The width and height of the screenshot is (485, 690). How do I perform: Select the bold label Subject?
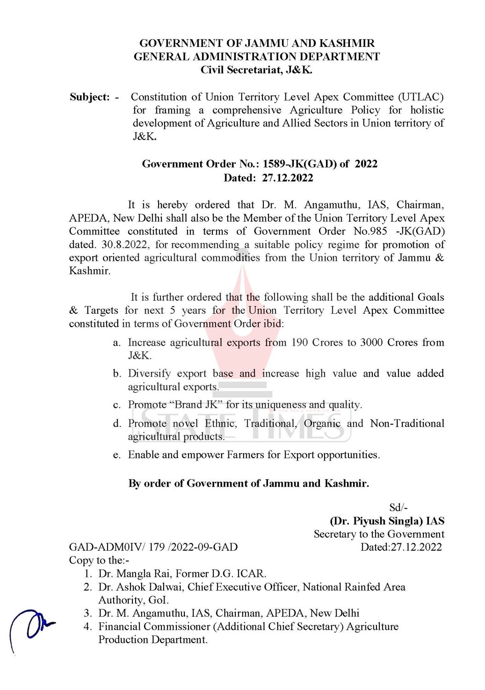[x=90, y=97]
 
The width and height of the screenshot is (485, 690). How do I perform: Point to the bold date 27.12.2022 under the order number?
[x=287, y=178]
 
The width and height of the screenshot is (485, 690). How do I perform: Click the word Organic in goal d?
[x=322, y=424]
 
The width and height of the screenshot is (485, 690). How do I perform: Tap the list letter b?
[x=117, y=374]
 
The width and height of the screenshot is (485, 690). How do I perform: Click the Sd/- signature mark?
[x=398, y=508]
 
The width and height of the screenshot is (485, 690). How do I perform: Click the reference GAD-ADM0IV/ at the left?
[x=107, y=547]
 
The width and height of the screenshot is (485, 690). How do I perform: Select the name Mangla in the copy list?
[x=132, y=574]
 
